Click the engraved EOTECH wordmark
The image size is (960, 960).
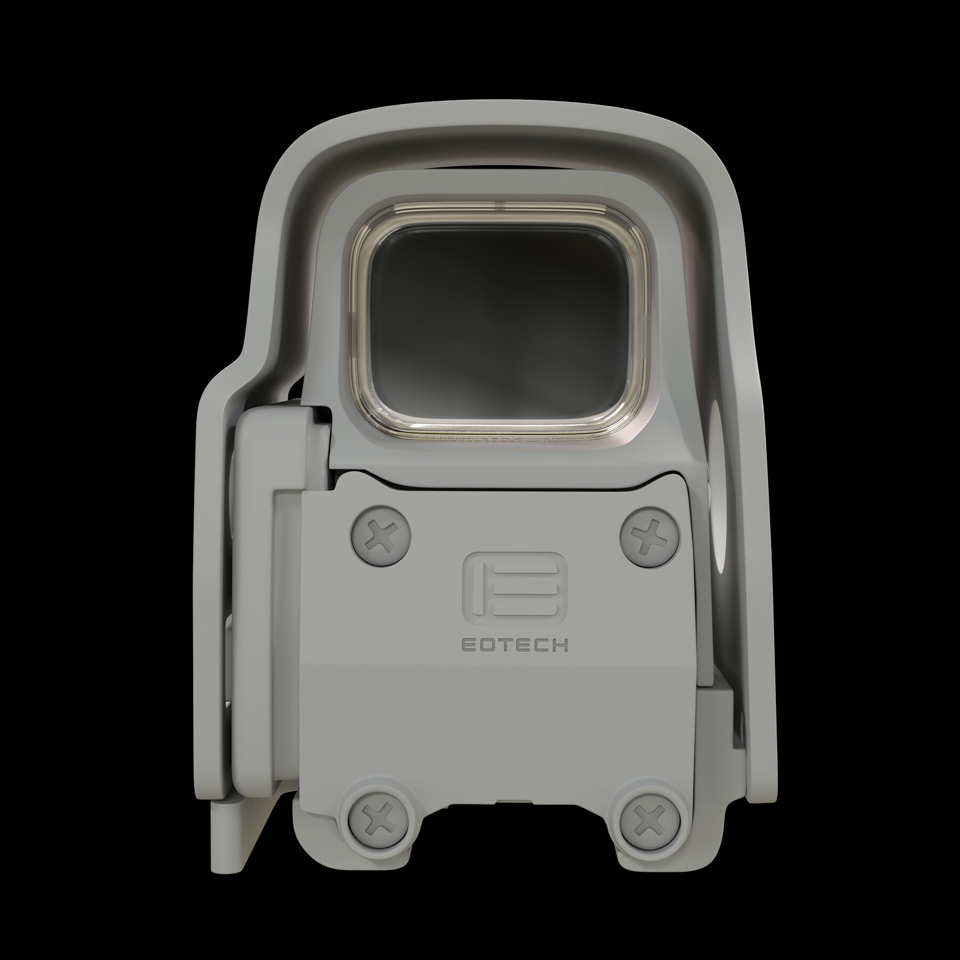[514, 645]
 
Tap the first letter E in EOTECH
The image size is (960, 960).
[468, 645]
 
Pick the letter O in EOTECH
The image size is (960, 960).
[486, 645]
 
